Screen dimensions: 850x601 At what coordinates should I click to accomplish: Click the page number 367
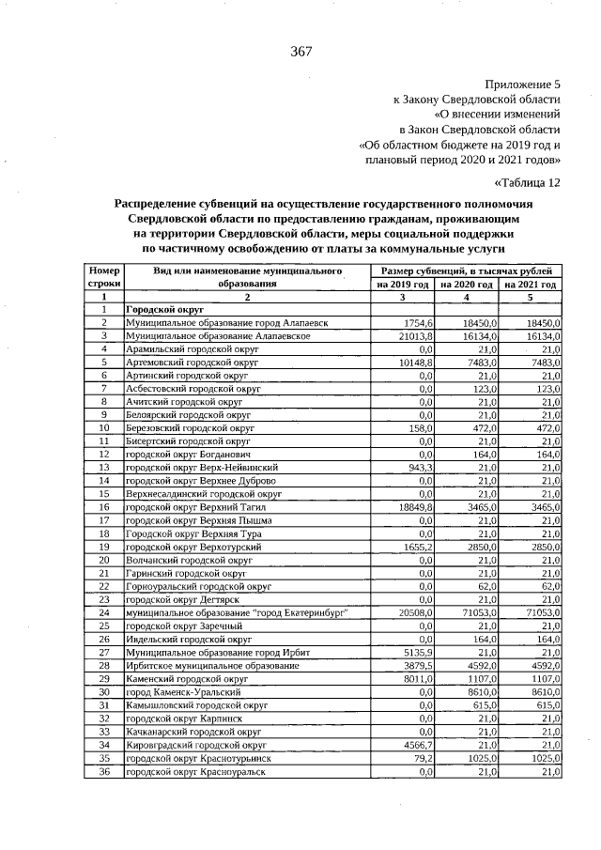(x=300, y=51)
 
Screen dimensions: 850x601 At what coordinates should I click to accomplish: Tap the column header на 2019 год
(x=403, y=284)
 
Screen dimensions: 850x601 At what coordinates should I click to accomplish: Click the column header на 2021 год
(x=531, y=284)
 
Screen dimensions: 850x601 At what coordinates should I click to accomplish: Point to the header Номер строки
(x=104, y=277)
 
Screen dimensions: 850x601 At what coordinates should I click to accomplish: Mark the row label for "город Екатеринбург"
(x=238, y=611)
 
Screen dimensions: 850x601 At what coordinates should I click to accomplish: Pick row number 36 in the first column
(x=104, y=770)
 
